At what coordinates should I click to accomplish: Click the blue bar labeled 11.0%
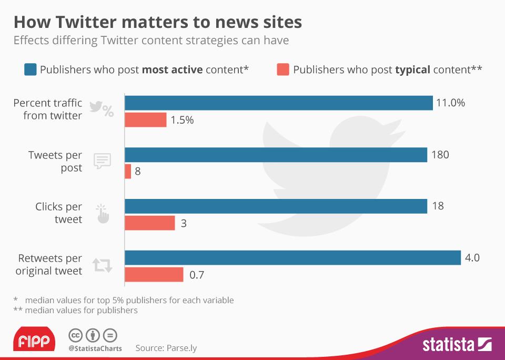pyautogui.click(x=279, y=103)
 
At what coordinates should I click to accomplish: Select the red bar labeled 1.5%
pyautogui.click(x=146, y=120)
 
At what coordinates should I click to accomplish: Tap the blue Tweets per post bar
pyautogui.click(x=276, y=155)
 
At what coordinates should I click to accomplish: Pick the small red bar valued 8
pyautogui.click(x=128, y=172)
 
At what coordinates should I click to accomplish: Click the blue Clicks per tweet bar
pyautogui.click(x=276, y=206)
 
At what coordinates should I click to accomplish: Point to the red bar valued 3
pyautogui.click(x=150, y=223)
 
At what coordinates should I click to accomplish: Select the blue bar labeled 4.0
pyautogui.click(x=293, y=258)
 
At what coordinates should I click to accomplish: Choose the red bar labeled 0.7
pyautogui.click(x=154, y=275)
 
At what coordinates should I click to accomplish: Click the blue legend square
pyautogui.click(x=31, y=69)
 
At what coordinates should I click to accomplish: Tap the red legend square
pyautogui.click(x=283, y=69)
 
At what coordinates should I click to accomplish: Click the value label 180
pyautogui.click(x=440, y=155)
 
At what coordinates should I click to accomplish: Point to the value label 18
pyautogui.click(x=438, y=206)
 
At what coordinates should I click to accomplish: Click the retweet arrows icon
pyautogui.click(x=102, y=265)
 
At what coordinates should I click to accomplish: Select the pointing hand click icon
pyautogui.click(x=102, y=214)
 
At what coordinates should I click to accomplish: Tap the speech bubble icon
pyautogui.click(x=102, y=161)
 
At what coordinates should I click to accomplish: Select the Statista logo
pyautogui.click(x=457, y=345)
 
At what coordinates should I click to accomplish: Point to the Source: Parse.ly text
pyautogui.click(x=166, y=348)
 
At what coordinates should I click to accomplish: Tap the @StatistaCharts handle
pyautogui.click(x=95, y=348)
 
